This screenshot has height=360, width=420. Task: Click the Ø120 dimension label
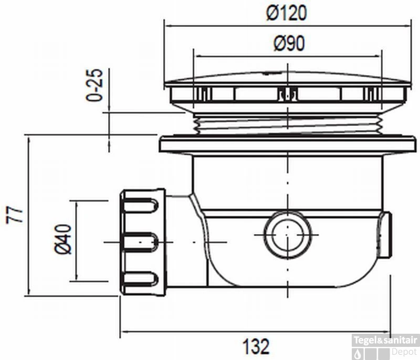[x=286, y=13]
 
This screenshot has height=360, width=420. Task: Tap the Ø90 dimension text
[x=289, y=44]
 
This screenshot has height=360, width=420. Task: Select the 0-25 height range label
[x=94, y=85]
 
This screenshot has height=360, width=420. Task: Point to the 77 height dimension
[x=15, y=215]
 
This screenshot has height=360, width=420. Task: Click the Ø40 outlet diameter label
[x=63, y=239]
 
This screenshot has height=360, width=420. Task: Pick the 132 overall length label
[x=256, y=346]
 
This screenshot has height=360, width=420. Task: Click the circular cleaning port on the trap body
[x=288, y=235]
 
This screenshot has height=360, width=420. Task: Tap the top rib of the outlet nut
[x=140, y=206]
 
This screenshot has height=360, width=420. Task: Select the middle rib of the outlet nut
[x=140, y=242]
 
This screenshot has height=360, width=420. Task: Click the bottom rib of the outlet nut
[x=140, y=279]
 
